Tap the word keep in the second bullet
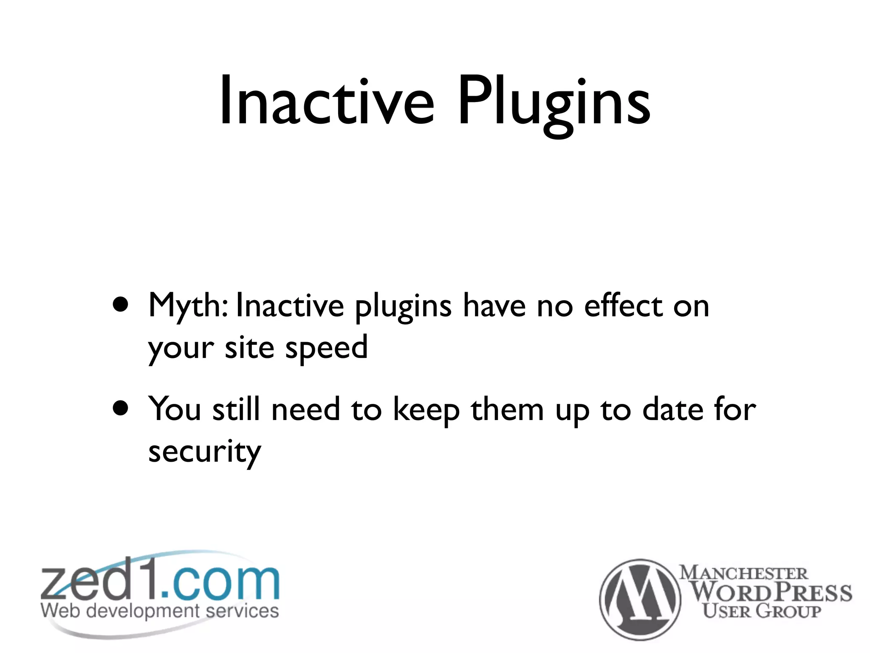pos(426,411)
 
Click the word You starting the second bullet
pos(175,409)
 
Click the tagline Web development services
pos(160,611)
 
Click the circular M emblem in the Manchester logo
pos(640,599)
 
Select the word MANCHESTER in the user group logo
pos(743,573)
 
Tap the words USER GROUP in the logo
pos(761,611)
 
